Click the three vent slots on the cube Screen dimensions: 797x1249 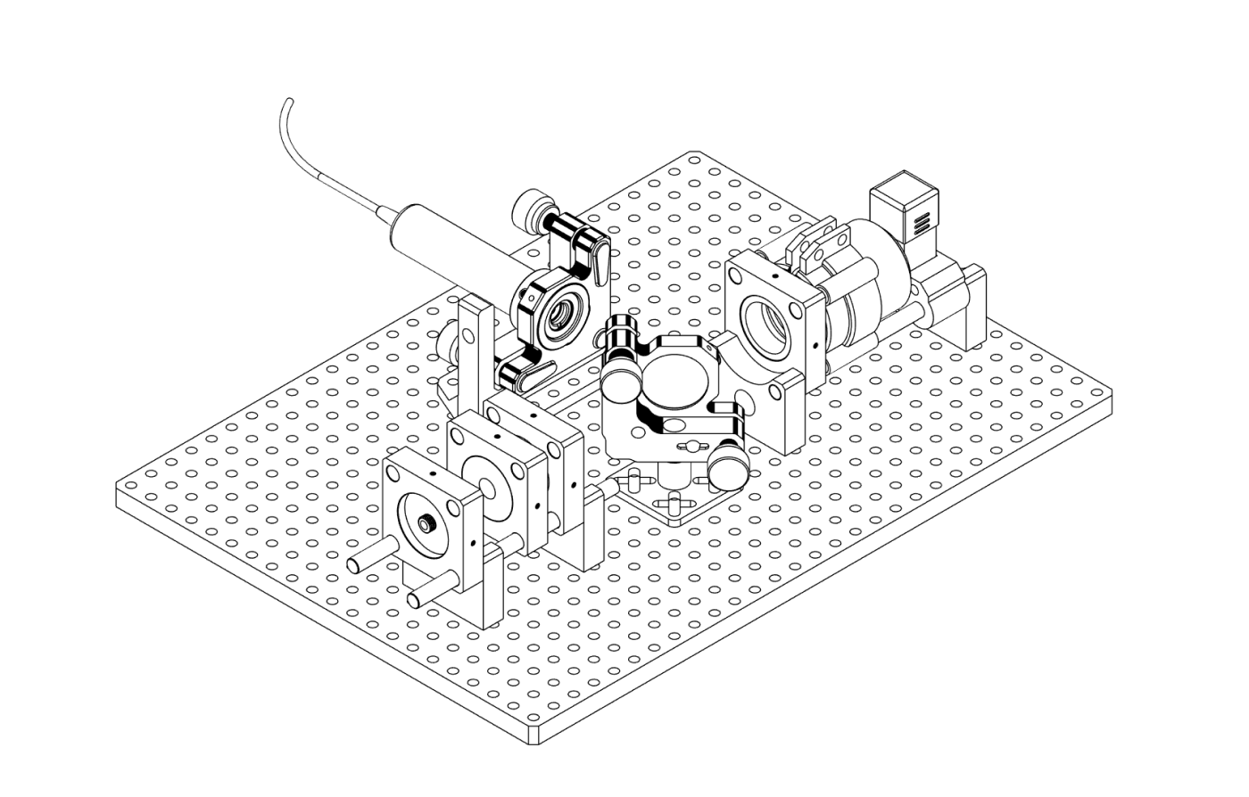[x=920, y=219]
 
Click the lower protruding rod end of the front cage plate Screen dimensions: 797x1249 [x=416, y=598]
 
